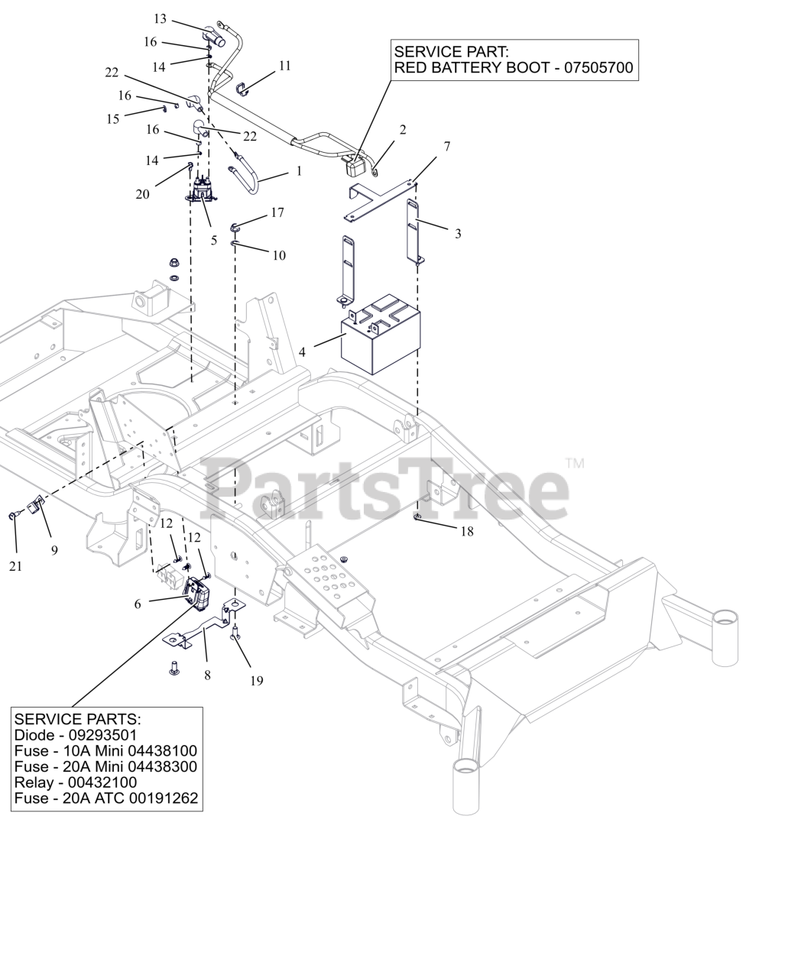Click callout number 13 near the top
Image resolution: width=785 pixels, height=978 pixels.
pos(160,18)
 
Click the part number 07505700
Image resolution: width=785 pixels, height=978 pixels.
pos(598,68)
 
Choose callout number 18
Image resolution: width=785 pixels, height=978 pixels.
pos(466,531)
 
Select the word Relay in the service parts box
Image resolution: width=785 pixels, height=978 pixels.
pos(34,782)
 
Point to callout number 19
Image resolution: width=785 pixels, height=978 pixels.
pos(256,680)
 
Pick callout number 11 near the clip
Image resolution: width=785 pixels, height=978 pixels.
pos(284,66)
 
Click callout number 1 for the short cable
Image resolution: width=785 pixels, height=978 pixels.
pos(299,171)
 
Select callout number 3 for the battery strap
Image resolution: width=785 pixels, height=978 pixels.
pos(458,234)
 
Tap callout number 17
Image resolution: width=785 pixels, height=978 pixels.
pos(277,212)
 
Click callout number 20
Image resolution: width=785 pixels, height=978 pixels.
pos(143,194)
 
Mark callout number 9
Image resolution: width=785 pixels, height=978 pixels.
pos(54,549)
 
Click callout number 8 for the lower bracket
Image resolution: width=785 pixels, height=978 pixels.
pos(207,675)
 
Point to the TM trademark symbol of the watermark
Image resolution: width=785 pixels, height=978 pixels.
pos(575,463)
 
